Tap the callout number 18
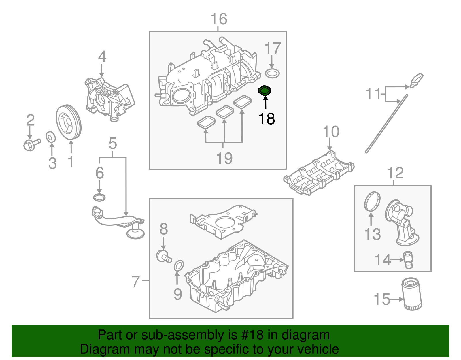point(267,119)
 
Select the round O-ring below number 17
point(272,73)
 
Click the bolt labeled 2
point(31,144)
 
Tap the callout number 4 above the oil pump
point(102,57)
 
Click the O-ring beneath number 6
point(99,198)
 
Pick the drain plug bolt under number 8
point(163,256)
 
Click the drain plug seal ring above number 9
point(179,265)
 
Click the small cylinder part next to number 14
point(409,260)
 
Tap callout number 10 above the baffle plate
point(331,132)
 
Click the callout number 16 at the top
point(219,19)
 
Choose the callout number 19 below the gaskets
point(224,158)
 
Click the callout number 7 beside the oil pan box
point(135,281)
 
